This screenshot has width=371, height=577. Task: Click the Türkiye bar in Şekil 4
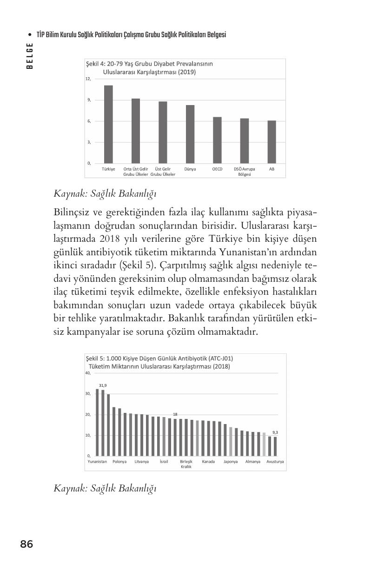coord(108,124)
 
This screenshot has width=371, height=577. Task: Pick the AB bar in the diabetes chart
coord(272,142)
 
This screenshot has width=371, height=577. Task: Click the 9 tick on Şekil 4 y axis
coord(88,100)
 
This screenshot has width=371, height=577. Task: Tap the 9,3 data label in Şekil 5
coord(275,432)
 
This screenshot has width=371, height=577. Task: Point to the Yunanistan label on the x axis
coord(97,462)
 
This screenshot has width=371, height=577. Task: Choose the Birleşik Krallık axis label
coord(186,464)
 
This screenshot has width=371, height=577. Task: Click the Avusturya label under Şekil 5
coord(275,462)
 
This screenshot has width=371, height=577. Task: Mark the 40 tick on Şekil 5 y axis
coord(88,373)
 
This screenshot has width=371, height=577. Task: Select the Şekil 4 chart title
coord(149,68)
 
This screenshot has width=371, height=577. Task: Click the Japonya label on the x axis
coord(231,462)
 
